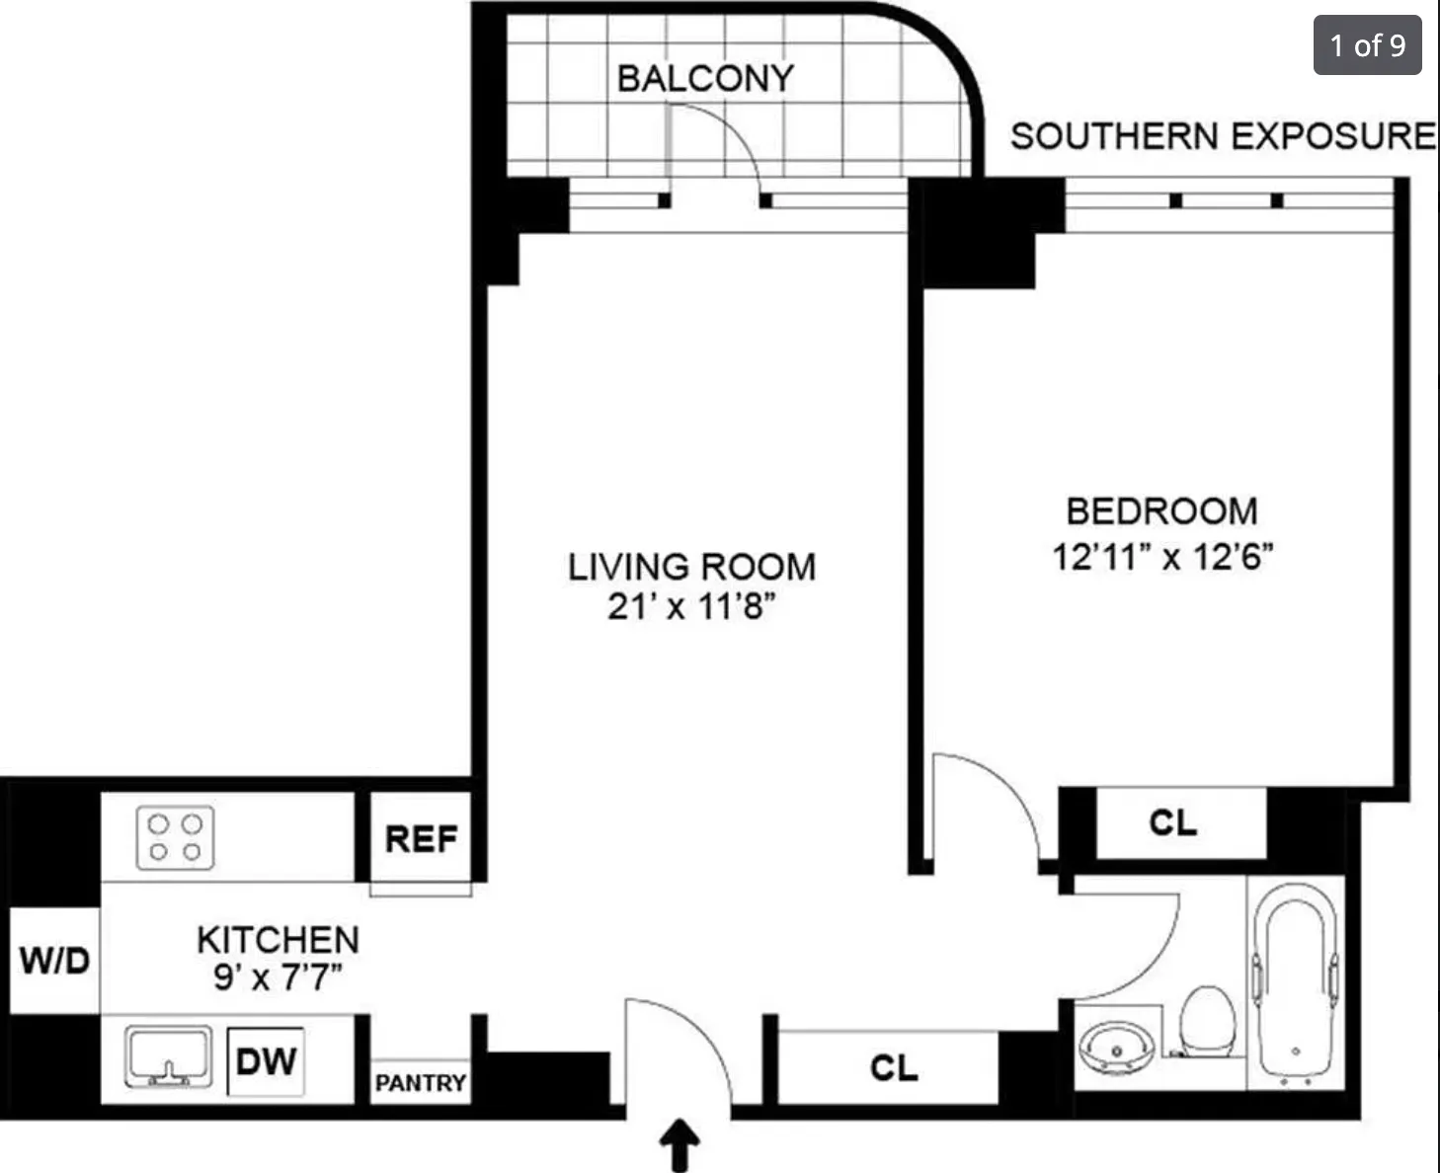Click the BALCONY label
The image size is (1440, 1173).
pyautogui.click(x=705, y=78)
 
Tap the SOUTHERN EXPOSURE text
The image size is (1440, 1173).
pyautogui.click(x=1223, y=136)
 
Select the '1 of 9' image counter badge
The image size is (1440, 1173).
pyautogui.click(x=1367, y=45)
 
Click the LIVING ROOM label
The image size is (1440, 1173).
pyautogui.click(x=691, y=567)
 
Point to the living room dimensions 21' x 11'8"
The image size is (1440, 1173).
pyautogui.click(x=691, y=606)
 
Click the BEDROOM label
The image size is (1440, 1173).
pyautogui.click(x=1162, y=511)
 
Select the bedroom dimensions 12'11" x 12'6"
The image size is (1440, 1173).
pyautogui.click(x=1162, y=557)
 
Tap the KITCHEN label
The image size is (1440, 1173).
pyautogui.click(x=278, y=940)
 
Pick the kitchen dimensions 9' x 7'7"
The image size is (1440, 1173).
pyautogui.click(x=278, y=977)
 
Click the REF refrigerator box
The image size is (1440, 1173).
pyautogui.click(x=421, y=839)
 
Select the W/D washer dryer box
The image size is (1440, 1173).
pyautogui.click(x=54, y=960)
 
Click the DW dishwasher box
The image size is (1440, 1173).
pyautogui.click(x=266, y=1062)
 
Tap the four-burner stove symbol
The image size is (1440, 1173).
pyautogui.click(x=175, y=838)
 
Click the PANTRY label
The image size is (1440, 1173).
pyautogui.click(x=420, y=1083)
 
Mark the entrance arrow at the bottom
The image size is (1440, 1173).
pyautogui.click(x=680, y=1145)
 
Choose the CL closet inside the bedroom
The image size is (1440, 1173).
pyautogui.click(x=1173, y=822)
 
